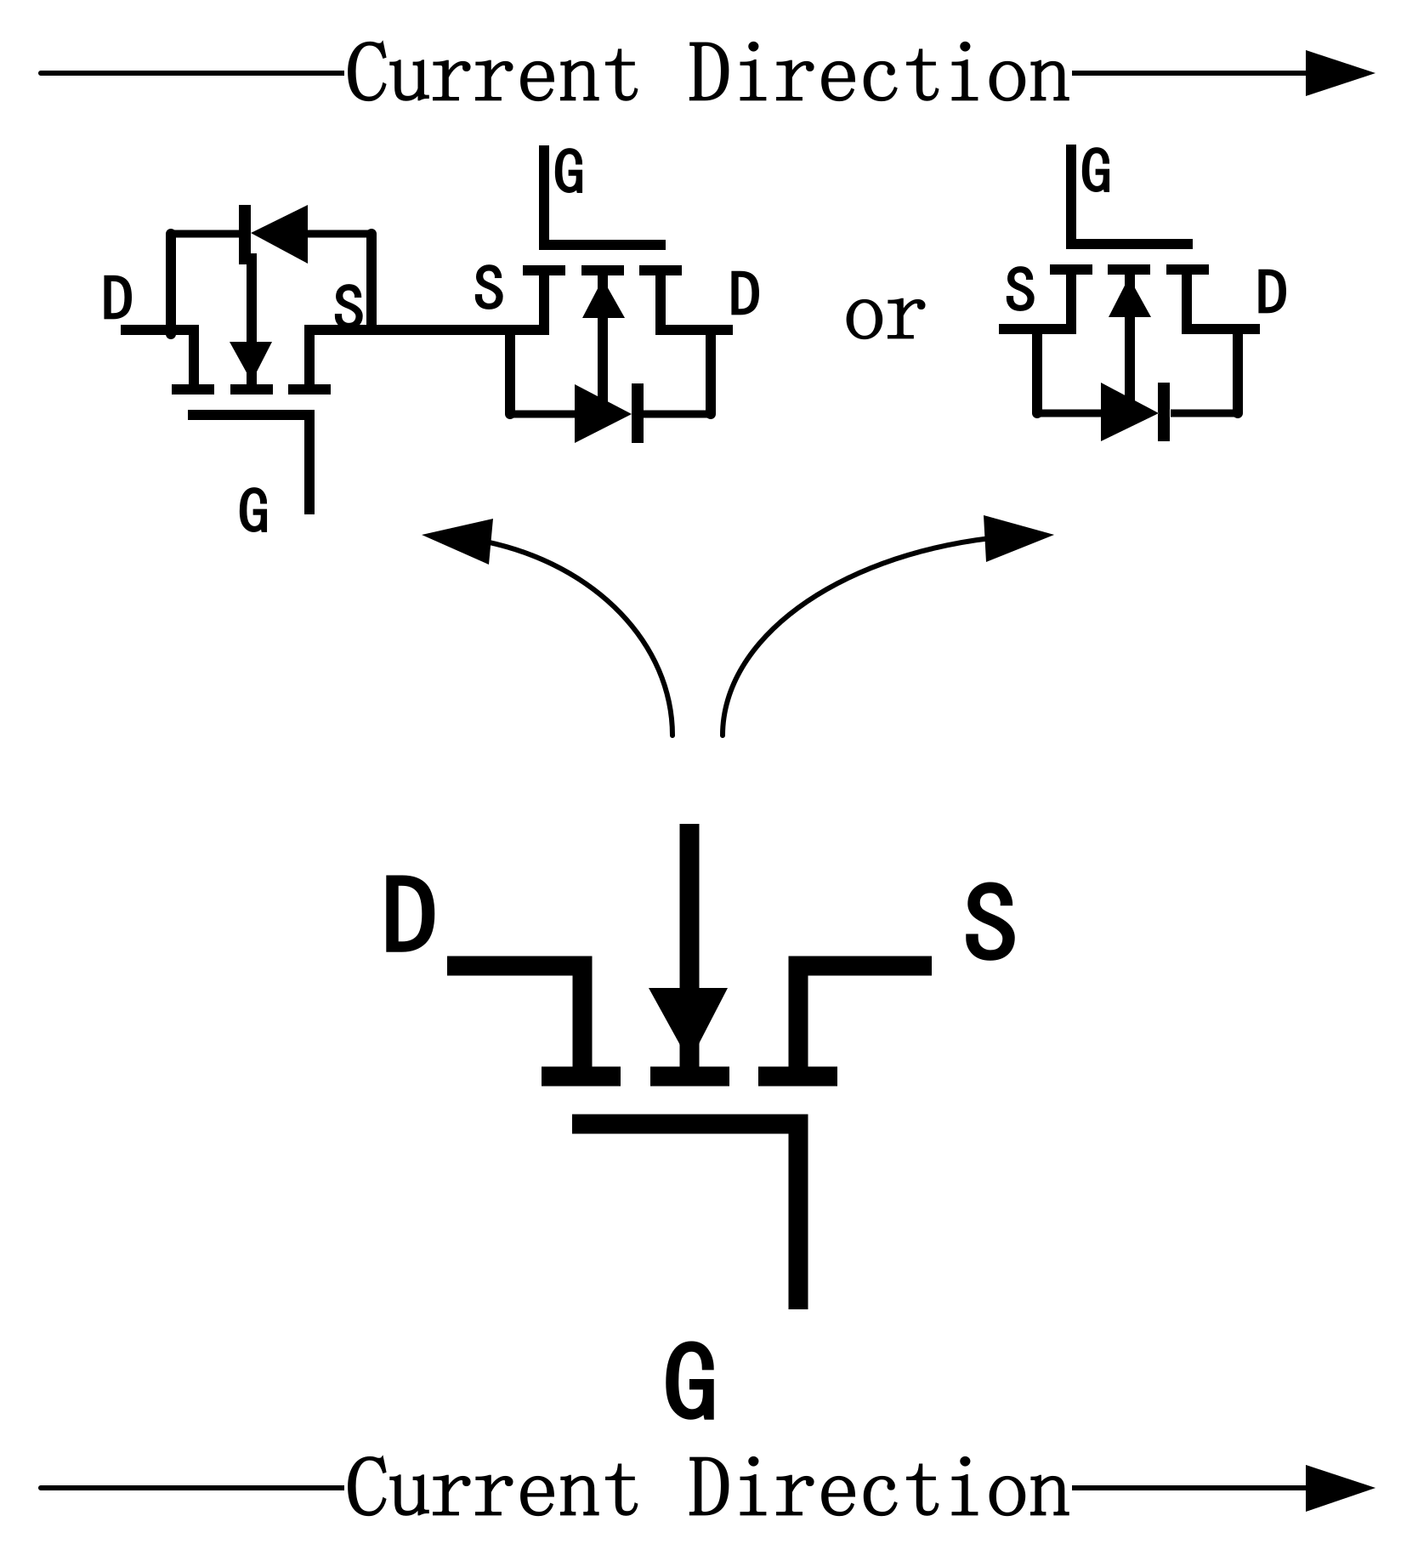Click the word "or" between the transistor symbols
point(884,317)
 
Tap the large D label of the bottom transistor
point(409,917)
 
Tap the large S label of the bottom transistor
point(990,922)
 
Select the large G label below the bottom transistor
point(689,1382)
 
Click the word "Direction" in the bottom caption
point(878,1489)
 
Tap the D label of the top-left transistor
point(117,298)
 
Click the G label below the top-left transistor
point(253,512)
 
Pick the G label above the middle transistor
point(569,173)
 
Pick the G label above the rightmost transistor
point(1097,171)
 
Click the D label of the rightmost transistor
point(1271,292)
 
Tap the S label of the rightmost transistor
point(1019,290)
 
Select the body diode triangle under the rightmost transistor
point(1129,412)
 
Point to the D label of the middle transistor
point(744,295)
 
